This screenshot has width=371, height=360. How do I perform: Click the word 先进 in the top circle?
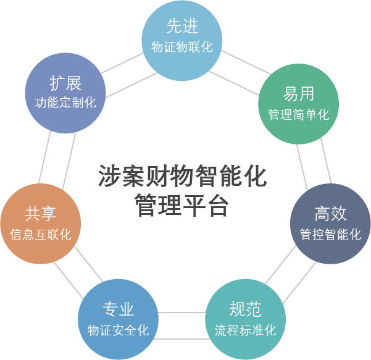[x=182, y=27]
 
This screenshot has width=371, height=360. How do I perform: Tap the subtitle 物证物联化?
[x=182, y=47]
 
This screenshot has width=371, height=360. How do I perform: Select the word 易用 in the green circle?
[x=299, y=94]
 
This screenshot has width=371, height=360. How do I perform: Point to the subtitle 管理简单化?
[x=299, y=115]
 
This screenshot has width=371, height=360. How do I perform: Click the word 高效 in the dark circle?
[x=330, y=214]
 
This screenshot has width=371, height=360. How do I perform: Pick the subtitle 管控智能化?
[x=330, y=235]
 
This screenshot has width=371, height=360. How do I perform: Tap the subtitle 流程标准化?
[x=245, y=330]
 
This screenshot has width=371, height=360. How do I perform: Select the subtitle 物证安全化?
[x=118, y=330]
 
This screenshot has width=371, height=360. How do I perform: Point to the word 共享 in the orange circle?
[x=41, y=214]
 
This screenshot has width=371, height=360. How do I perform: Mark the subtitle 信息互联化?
[x=41, y=235]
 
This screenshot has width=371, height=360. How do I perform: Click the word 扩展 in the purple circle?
[x=65, y=83]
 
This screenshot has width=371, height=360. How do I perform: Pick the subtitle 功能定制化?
[x=65, y=103]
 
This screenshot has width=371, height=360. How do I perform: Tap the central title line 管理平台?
[x=182, y=206]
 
